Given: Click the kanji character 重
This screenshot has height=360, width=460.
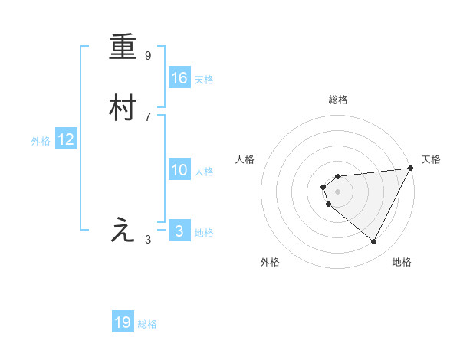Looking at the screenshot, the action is click(123, 48).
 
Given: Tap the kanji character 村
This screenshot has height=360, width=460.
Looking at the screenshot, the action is click(123, 109).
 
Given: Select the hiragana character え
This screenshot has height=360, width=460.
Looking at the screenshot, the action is click(123, 231).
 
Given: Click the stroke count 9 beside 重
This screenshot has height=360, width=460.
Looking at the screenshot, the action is click(148, 56).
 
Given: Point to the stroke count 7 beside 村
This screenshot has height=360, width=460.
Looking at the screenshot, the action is click(148, 116).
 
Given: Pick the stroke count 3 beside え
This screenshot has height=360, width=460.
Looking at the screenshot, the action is click(148, 240).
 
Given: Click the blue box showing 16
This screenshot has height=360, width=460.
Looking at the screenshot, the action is click(179, 77).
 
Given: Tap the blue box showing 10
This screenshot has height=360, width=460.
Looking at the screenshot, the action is click(179, 170).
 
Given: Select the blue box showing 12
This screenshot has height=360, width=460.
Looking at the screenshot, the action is click(66, 139).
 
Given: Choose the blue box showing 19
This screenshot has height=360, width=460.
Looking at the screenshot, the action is click(123, 322).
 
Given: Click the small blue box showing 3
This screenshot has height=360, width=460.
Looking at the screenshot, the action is click(179, 231).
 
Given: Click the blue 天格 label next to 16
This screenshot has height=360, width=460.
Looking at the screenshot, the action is click(204, 80).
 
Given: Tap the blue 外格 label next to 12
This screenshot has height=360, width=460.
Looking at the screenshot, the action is click(41, 141).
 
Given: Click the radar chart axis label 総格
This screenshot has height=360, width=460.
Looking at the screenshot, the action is click(337, 100).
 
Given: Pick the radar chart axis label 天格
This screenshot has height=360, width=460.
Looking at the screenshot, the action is click(431, 159).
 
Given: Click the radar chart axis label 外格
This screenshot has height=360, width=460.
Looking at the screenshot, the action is click(270, 262).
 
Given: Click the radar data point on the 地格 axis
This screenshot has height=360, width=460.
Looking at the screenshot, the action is click(374, 242).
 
